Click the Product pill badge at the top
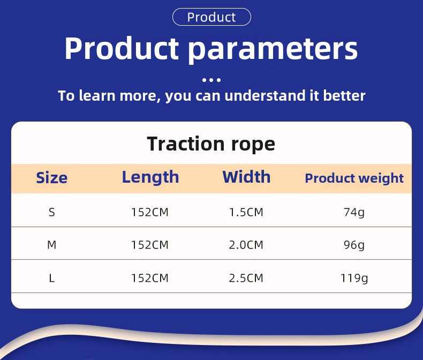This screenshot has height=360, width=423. click(211, 17)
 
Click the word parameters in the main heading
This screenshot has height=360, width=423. click(273, 49)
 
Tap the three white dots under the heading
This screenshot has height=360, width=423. click(211, 80)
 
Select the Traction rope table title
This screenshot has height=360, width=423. click(211, 144)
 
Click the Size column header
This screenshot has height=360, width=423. click(51, 178)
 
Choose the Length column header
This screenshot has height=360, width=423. click(150, 178)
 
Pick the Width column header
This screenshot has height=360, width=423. click(246, 177)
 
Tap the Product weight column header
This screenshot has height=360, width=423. click(354, 178)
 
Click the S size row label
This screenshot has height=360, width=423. click(52, 212)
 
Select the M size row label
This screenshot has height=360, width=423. click(52, 245)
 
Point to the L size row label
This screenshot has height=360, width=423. click(52, 278)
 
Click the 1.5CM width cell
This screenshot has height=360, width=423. click(246, 212)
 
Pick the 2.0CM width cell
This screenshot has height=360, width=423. click(246, 245)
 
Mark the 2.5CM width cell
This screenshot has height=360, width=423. click(246, 278)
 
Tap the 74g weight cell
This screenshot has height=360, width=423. click(354, 213)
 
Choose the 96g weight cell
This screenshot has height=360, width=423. click(354, 245)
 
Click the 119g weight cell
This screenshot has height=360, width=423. click(354, 279)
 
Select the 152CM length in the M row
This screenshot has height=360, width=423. click(150, 245)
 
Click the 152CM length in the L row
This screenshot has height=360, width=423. click(150, 278)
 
